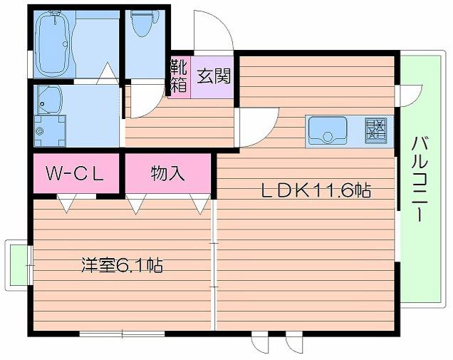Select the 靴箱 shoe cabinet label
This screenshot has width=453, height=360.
(x=178, y=77)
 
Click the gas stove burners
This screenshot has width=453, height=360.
(x=376, y=129)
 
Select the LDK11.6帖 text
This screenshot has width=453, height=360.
(x=315, y=190)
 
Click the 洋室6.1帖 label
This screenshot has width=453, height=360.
(x=121, y=267)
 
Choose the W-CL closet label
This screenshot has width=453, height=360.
(x=75, y=173)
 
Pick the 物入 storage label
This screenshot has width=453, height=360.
(x=167, y=173)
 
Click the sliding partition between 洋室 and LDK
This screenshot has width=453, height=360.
(x=213, y=264)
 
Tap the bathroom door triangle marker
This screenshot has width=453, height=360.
(x=106, y=71)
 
